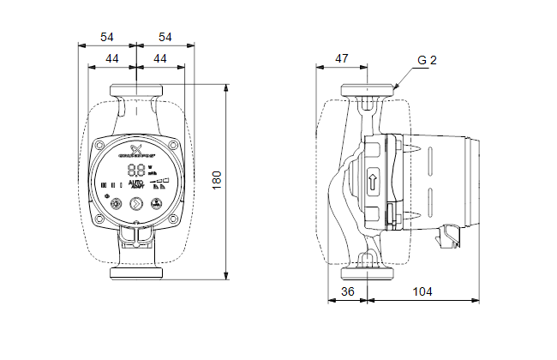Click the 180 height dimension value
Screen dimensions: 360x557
click(218, 181)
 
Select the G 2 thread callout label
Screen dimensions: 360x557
click(428, 61)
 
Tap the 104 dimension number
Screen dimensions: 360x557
click(422, 291)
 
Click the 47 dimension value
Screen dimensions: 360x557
click(341, 58)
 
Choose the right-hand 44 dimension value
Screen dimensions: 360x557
click(160, 58)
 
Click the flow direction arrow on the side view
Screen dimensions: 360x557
click(373, 182)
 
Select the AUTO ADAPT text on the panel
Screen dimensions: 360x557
click(137, 184)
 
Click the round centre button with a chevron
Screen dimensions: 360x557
click(136, 204)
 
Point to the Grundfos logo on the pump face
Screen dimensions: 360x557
click(133, 151)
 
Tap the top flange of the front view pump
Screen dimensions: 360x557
click(137, 90)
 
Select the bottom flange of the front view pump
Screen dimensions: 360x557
click(137, 274)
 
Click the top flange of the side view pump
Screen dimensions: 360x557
click(368, 90)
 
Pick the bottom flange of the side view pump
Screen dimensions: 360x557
click(368, 274)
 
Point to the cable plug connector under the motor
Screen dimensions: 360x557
click(452, 232)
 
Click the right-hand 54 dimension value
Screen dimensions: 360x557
click(165, 37)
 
